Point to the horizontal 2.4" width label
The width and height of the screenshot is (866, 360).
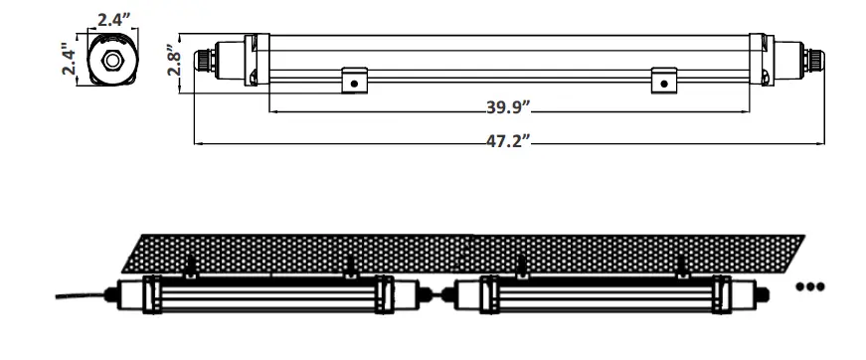coord(115,18)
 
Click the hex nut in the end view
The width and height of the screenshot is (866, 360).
coord(112,60)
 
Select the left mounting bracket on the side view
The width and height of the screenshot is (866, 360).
coord(351,81)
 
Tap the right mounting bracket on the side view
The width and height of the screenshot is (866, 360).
coord(663,81)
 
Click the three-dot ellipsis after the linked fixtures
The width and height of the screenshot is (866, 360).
coord(810,287)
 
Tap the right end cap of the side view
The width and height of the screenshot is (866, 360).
coord(784,60)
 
